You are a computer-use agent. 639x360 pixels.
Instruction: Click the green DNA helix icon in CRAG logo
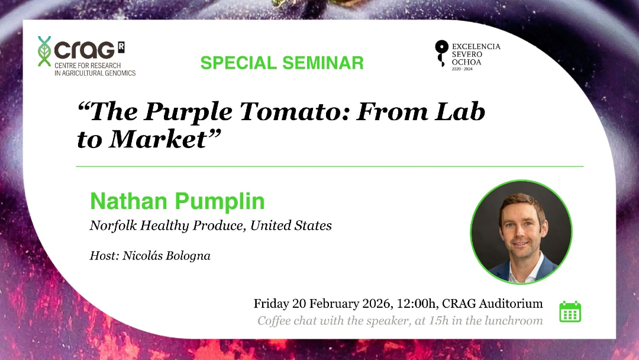coord(44,51)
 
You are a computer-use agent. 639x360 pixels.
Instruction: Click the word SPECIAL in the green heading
coord(239,63)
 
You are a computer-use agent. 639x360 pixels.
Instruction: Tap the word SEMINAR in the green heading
coord(323,63)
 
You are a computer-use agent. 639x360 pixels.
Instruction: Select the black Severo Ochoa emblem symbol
coord(441,53)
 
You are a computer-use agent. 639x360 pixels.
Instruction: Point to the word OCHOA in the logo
coord(466,62)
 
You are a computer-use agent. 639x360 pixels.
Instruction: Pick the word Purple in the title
coord(188,112)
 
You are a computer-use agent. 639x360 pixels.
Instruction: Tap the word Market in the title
coord(159,139)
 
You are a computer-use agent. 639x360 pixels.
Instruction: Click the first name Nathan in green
coord(129,201)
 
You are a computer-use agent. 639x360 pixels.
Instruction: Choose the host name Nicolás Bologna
coord(166,256)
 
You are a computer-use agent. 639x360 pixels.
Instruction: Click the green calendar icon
coord(570,312)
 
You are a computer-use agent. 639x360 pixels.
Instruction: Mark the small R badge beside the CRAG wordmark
coord(121,47)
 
